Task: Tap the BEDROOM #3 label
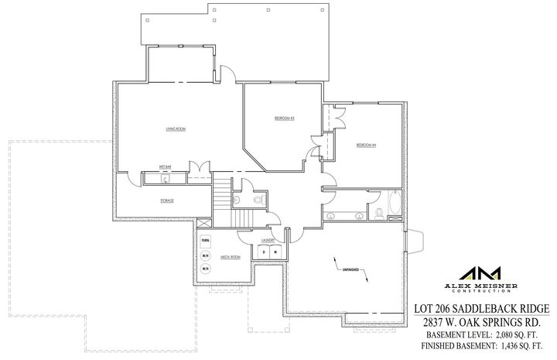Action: [285, 118]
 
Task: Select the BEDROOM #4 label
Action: [366, 145]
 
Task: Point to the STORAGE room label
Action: [166, 201]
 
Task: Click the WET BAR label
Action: [165, 166]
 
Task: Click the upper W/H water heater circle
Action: [206, 256]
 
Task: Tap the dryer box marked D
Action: [264, 252]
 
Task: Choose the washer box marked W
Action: [275, 252]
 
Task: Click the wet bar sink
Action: [165, 178]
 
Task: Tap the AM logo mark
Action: [480, 274]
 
